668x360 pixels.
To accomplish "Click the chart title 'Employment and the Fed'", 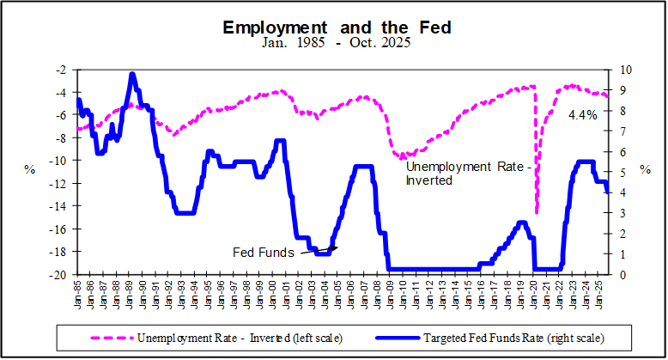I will click(x=337, y=27).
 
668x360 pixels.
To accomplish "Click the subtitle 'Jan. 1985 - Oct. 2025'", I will click(x=337, y=42).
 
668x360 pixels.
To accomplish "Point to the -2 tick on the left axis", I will click(x=59, y=70).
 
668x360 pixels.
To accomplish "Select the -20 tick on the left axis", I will click(x=58, y=275).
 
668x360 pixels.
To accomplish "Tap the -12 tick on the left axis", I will click(x=58, y=184).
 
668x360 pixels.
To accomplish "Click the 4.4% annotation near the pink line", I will click(x=583, y=115).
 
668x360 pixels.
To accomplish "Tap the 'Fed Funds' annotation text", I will click(x=264, y=253).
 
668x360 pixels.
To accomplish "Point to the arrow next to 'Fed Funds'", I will click(x=318, y=251).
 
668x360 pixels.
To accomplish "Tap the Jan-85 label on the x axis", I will click(x=77, y=294).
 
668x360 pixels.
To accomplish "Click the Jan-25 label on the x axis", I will click(x=600, y=294).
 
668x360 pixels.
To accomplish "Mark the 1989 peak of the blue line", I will click(x=132, y=75).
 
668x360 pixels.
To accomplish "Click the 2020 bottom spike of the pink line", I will click(x=537, y=212).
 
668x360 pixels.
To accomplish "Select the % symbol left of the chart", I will click(x=30, y=170).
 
